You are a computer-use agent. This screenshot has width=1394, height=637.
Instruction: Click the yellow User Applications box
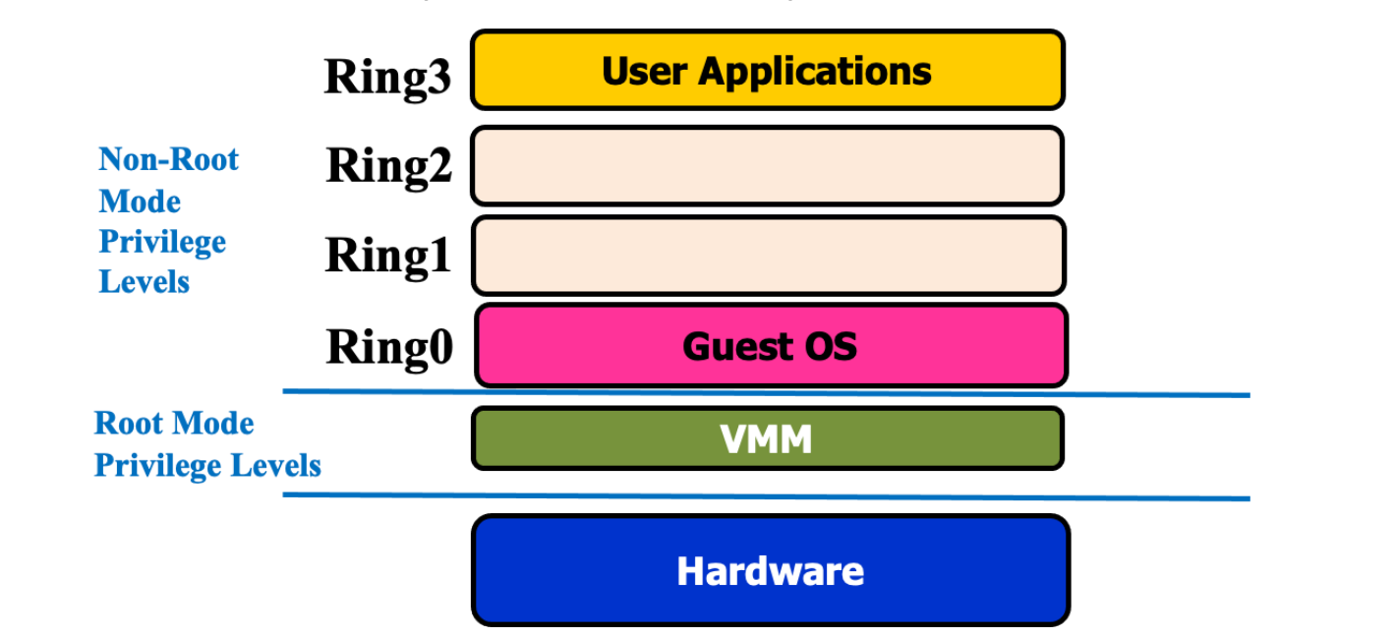click(767, 70)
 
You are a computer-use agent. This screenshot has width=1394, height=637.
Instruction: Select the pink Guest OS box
click(771, 346)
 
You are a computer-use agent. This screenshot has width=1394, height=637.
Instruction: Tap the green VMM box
click(767, 437)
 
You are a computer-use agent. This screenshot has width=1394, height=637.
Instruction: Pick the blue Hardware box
click(770, 570)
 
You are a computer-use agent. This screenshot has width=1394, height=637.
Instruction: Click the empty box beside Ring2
click(767, 165)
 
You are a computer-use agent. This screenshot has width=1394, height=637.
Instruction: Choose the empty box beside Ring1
click(767, 256)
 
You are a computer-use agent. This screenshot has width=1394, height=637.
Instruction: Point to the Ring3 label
click(387, 76)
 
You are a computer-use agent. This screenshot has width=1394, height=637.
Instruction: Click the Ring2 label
click(388, 165)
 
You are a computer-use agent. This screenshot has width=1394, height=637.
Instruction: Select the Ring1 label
click(387, 256)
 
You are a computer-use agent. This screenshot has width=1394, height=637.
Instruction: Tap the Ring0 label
click(389, 346)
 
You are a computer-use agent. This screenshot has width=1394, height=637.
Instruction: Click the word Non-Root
click(169, 159)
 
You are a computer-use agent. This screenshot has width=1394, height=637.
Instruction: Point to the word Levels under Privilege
click(145, 282)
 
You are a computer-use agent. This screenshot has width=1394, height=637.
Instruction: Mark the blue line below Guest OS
click(767, 393)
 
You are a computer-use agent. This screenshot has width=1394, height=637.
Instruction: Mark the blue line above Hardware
click(767, 496)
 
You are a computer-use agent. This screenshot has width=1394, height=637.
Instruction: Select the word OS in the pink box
click(827, 346)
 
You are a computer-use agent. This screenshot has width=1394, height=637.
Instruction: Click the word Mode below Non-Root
click(140, 202)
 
